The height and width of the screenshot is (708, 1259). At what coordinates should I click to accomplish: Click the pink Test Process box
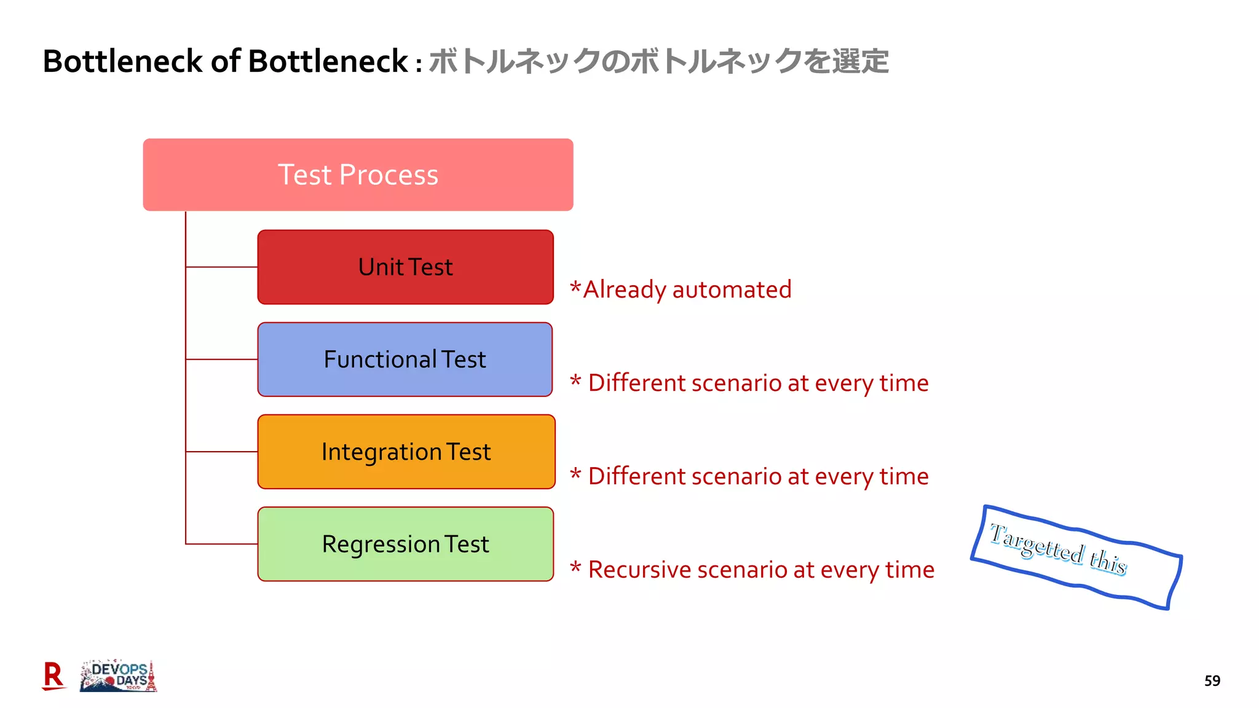[358, 175]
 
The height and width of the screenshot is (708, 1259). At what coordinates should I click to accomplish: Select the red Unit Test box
[405, 267]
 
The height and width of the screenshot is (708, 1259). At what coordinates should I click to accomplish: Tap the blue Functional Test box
[405, 360]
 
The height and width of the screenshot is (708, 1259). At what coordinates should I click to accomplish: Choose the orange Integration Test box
[406, 452]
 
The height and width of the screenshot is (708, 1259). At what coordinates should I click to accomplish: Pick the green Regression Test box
[405, 544]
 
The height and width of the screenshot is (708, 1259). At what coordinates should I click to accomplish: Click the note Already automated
[681, 289]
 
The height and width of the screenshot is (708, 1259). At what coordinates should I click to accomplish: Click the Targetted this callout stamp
[1076, 556]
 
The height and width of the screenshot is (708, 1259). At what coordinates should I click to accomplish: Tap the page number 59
[1212, 681]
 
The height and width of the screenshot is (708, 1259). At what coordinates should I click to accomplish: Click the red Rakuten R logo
[53, 676]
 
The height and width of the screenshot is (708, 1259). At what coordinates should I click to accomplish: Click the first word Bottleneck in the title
[123, 61]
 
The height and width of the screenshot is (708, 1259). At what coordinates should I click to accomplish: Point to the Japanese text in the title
[658, 61]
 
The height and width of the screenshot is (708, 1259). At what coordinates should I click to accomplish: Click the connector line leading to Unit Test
[221, 267]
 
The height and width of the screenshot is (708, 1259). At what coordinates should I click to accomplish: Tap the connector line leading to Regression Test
[221, 544]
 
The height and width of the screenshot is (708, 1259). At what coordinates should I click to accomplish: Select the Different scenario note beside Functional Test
[750, 383]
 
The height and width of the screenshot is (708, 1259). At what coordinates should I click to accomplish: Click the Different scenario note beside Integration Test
[750, 476]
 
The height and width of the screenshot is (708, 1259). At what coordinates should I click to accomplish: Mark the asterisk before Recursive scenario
[575, 567]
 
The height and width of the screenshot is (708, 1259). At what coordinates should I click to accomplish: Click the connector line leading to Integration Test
[221, 452]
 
